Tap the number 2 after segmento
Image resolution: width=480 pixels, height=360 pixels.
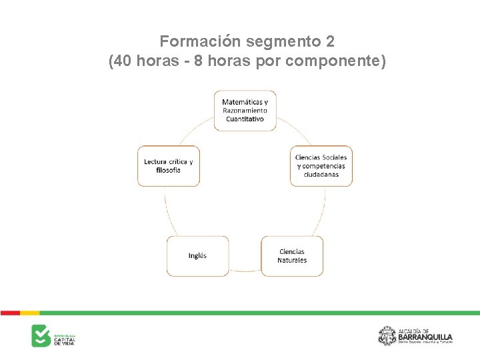click(x=331, y=42)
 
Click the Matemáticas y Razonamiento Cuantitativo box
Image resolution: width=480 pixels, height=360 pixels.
click(x=245, y=110)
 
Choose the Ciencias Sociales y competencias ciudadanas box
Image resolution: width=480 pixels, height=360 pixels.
click(x=321, y=165)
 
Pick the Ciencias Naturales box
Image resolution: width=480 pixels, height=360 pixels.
click(x=292, y=256)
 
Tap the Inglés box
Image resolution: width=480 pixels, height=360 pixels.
click(x=197, y=256)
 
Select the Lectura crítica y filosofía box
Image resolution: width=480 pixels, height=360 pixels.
click(x=168, y=165)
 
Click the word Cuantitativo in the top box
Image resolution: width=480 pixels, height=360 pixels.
click(x=245, y=119)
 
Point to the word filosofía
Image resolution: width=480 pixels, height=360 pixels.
click(x=168, y=170)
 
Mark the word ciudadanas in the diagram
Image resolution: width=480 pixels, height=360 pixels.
click(x=321, y=175)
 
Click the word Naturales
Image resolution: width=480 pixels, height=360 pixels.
click(x=292, y=261)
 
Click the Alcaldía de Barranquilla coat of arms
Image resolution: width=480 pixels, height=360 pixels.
click(x=387, y=335)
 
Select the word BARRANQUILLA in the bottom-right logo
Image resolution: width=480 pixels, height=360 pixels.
click(x=425, y=336)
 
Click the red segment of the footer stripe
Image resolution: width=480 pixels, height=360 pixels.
click(x=10, y=312)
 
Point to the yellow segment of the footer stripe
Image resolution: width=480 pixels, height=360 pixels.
click(x=30, y=312)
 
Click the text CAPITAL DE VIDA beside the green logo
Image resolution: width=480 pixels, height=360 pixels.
click(x=65, y=340)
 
